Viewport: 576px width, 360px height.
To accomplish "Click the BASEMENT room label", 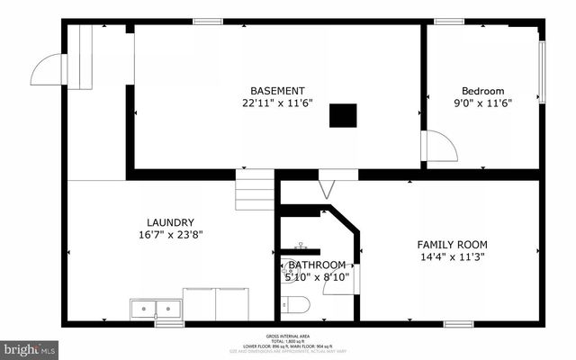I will pos(277,91).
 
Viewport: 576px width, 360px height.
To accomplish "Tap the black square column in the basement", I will pos(342,115).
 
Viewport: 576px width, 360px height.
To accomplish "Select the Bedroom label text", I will pos(482,91).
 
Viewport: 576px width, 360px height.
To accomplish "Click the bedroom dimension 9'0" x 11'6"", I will pos(482,103).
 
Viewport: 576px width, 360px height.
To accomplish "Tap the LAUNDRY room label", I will pos(170,222).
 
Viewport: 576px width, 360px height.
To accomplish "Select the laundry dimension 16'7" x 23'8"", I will pos(170,235).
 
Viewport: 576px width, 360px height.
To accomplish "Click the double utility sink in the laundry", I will pos(155,310).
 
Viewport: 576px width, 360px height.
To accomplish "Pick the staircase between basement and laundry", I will pos(256,190).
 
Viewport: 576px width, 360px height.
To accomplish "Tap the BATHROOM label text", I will pos(317,265).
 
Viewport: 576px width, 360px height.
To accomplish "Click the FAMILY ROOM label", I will pos(452,245).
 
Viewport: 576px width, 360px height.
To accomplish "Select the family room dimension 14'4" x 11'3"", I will pos(452,257).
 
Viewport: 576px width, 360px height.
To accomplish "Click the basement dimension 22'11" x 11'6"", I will pos(277,103).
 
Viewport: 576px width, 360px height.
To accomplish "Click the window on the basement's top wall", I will pos(208,21).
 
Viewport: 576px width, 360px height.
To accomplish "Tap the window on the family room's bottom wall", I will pos(458,323).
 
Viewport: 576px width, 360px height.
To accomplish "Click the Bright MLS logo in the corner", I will pos(30,347).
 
